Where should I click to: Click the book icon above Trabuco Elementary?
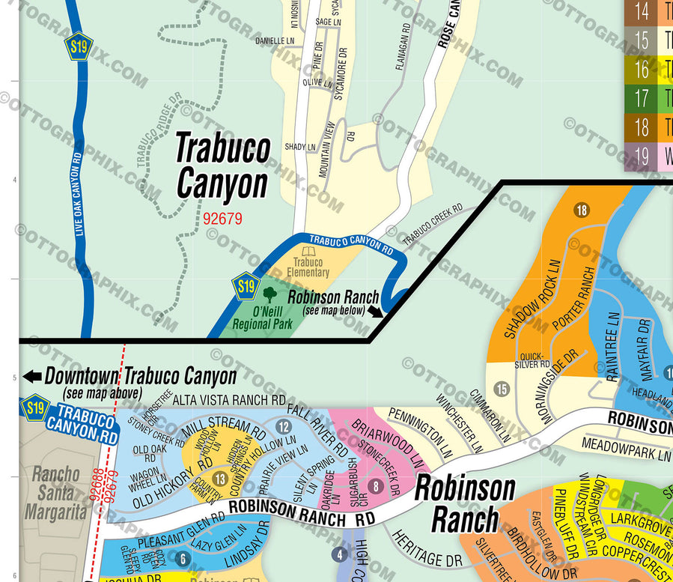click(307, 253)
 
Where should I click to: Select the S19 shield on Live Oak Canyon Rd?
click(78, 46)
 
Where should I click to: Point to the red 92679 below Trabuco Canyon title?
click(222, 218)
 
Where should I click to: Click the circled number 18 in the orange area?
click(582, 210)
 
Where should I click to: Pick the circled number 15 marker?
click(502, 388)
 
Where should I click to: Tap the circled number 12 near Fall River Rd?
click(283, 427)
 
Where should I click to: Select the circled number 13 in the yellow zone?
click(220, 479)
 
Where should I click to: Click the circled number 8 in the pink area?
click(375, 487)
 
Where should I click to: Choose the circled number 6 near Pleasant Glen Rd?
click(182, 558)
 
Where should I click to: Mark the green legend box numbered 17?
click(642, 98)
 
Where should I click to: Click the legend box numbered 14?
click(642, 11)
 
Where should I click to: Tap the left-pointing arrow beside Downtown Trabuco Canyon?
click(32, 377)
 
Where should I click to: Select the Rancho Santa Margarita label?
click(56, 493)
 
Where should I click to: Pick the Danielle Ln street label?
click(275, 40)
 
